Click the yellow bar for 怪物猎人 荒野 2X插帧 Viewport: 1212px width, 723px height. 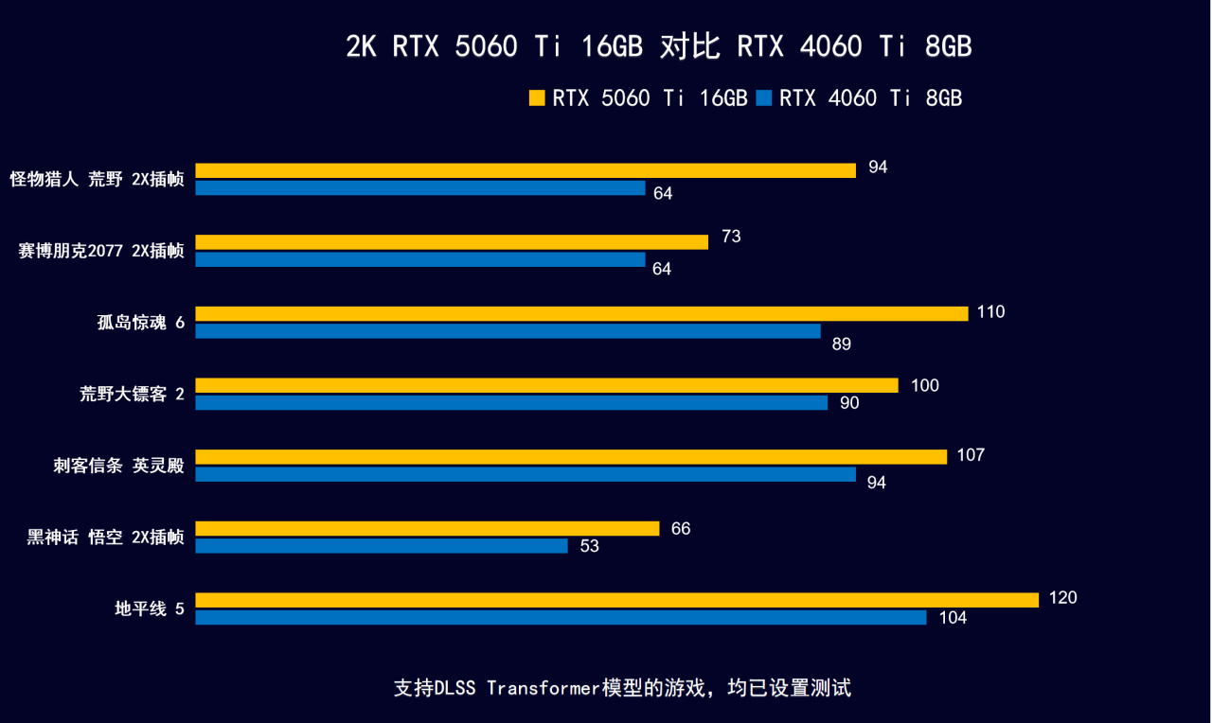coord(526,170)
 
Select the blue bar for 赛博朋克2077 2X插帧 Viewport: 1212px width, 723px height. coord(420,259)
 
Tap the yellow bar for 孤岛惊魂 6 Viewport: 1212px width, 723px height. coord(581,313)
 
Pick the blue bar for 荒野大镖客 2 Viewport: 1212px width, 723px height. coord(511,403)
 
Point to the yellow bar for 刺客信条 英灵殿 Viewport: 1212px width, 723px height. coord(571,457)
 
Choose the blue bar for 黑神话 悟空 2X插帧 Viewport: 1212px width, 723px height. coord(382,546)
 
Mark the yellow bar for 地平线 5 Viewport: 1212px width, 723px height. coord(616,600)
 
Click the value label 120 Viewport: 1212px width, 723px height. coord(1063,598)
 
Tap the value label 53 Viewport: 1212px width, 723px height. coord(589,547)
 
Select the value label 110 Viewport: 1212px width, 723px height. coord(990,312)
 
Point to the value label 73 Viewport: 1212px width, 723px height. coord(731,237)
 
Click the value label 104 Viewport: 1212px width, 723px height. coord(953,618)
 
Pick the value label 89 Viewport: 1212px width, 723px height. coord(841,344)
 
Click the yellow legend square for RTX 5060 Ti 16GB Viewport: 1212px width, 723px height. coord(537,97)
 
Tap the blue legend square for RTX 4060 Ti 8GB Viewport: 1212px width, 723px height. coord(764,97)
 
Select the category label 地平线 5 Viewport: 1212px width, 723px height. coord(149,608)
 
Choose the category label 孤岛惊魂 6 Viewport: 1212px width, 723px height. coord(140,323)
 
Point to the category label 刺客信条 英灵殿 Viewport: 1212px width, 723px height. coord(118,466)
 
